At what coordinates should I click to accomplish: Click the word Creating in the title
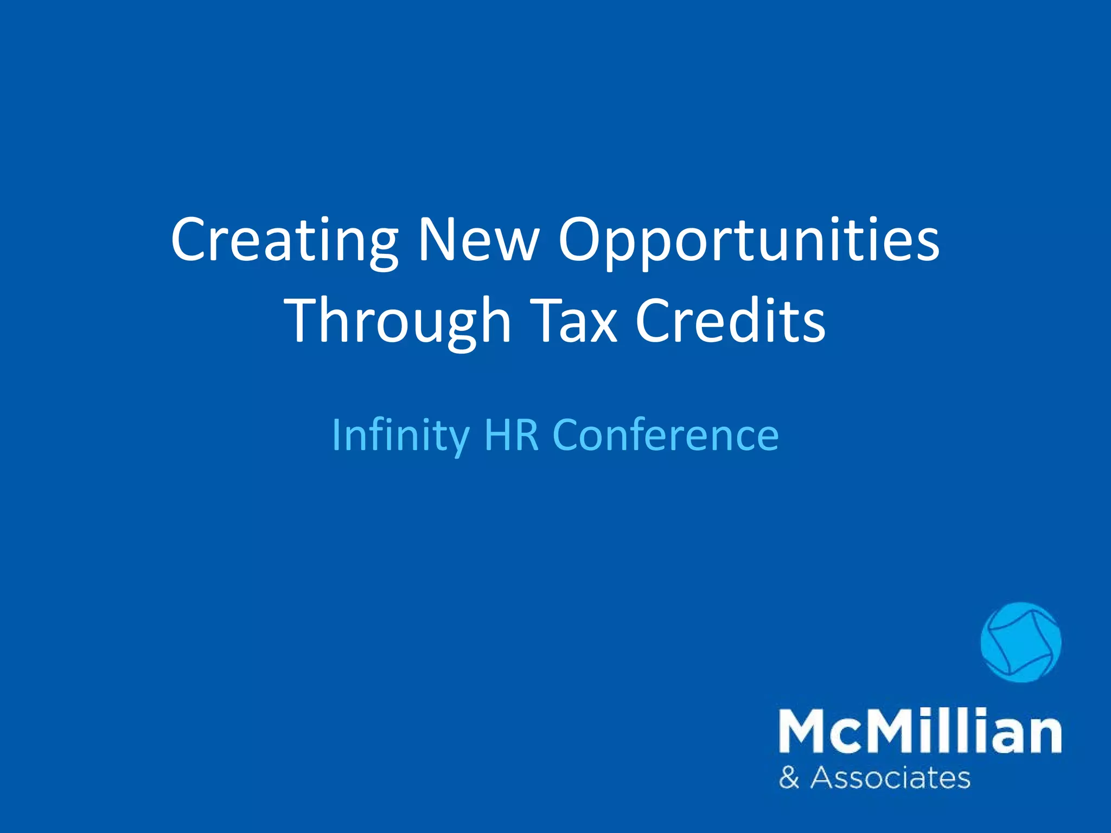pyautogui.click(x=284, y=242)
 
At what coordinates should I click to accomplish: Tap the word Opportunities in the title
pyautogui.click(x=749, y=242)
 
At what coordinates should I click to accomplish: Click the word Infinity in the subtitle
pyautogui.click(x=400, y=435)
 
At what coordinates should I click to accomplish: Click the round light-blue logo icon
pyautogui.click(x=1021, y=642)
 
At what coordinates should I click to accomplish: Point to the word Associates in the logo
pyautogui.click(x=890, y=778)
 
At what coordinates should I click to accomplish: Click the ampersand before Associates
pyautogui.click(x=789, y=778)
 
